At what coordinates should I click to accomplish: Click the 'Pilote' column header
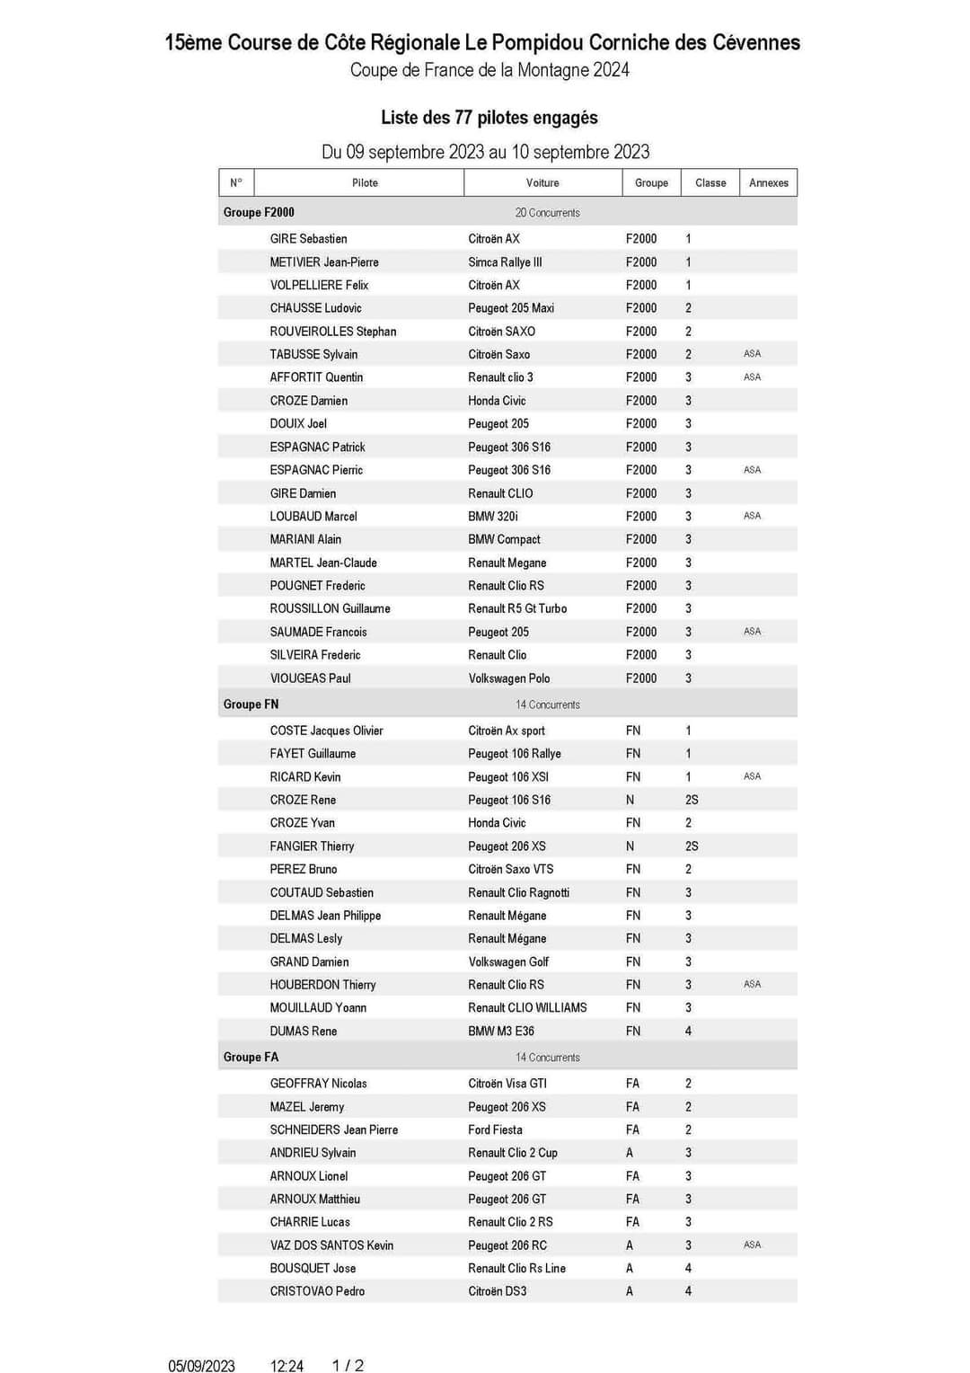tap(365, 182)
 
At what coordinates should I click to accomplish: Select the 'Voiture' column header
tap(542, 182)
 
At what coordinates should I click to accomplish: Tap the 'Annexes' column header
tap(768, 182)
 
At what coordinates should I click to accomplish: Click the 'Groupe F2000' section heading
tap(259, 212)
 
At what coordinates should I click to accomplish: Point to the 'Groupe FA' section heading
tap(251, 1057)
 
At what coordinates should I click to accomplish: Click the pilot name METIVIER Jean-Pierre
tap(324, 262)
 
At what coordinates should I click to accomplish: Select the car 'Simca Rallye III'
tap(505, 262)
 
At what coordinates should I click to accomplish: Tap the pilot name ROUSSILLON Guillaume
tap(330, 608)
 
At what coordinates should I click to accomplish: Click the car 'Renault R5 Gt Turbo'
tap(517, 608)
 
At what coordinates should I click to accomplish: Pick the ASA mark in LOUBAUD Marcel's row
tap(752, 516)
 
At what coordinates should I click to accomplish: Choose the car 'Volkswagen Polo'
tap(509, 678)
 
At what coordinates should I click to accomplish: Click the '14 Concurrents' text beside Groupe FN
tap(548, 704)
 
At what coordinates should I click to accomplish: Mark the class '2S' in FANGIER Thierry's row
tap(692, 846)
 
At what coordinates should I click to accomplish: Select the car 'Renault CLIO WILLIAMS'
tap(527, 1008)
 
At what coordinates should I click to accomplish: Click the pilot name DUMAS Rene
tap(304, 1032)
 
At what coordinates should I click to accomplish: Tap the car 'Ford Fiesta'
tap(495, 1129)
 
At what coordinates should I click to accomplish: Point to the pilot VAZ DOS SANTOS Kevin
tap(331, 1245)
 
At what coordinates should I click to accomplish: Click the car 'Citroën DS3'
tap(498, 1291)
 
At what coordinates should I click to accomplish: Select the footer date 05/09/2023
tap(201, 1366)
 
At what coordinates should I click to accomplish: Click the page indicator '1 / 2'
tap(348, 1366)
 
